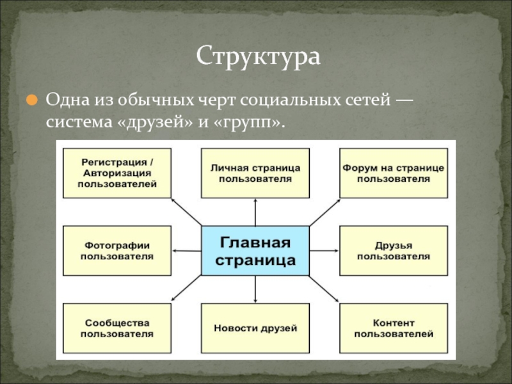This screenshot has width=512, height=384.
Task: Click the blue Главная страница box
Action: [255, 252]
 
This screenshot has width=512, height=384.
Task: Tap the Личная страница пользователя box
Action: [255, 173]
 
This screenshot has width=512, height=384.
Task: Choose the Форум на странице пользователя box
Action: [393, 173]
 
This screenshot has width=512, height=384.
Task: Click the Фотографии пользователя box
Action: [116, 251]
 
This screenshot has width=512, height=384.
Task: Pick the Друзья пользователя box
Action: [393, 251]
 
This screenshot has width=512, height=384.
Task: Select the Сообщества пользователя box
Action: [116, 328]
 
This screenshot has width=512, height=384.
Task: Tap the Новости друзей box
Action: [255, 328]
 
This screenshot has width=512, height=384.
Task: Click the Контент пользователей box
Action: [393, 328]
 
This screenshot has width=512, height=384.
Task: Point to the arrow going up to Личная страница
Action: [255, 212]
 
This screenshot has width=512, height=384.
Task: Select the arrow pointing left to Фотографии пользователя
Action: [188, 251]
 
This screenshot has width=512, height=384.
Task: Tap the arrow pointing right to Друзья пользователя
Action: [323, 251]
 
